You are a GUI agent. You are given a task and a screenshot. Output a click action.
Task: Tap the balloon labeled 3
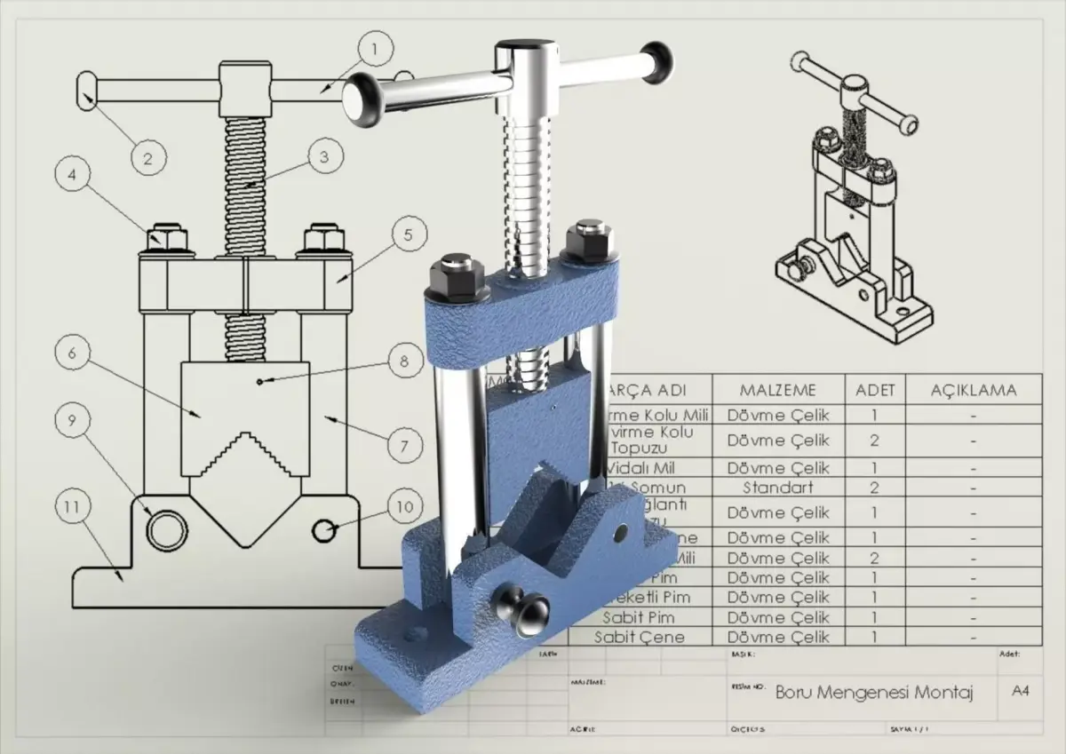pos(324,156)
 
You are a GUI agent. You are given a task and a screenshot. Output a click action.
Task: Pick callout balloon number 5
pos(408,235)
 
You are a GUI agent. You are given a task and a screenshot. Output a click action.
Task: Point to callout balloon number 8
pos(404,361)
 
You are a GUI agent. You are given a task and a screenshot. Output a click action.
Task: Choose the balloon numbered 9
pos(72,421)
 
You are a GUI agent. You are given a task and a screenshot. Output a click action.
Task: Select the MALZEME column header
pos(778,390)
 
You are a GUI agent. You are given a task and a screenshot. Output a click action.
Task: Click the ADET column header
pos(875,390)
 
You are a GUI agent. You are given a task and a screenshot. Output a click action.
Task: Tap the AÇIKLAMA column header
pos(973,390)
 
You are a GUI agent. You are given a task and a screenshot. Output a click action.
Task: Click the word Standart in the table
pos(778,488)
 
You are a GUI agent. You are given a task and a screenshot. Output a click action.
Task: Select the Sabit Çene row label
pos(639,637)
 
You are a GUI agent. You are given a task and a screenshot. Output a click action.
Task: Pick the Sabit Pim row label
pos(639,617)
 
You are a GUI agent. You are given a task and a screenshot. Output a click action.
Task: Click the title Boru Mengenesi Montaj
pos(874,692)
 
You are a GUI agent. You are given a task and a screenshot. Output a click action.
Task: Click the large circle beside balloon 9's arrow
pos(163,530)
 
